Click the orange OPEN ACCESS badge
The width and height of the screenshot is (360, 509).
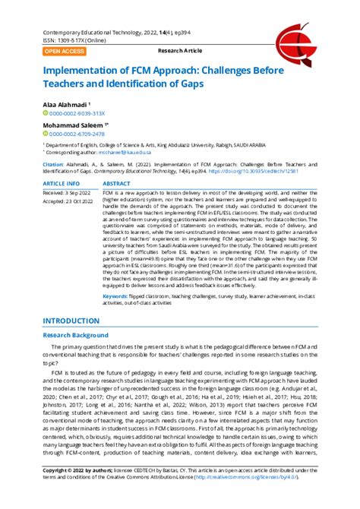point(64,51)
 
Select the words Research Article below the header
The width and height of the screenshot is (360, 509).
point(179,51)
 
